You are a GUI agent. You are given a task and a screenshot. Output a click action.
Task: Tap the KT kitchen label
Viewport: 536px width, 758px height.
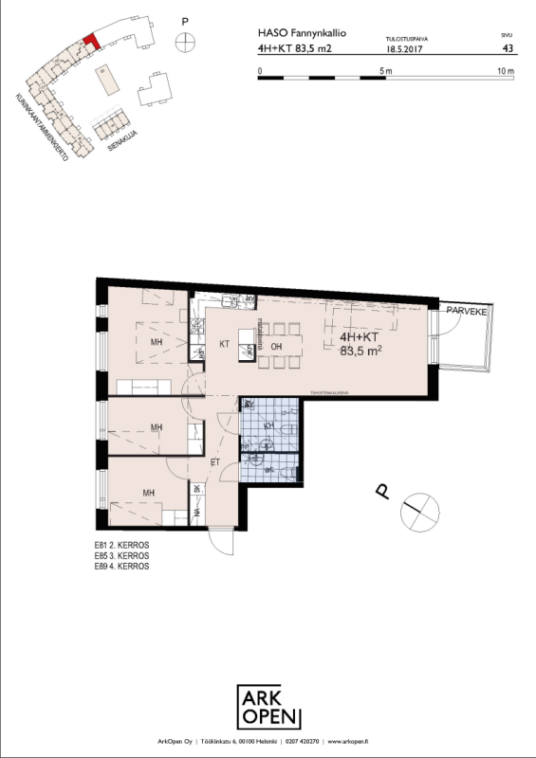(226, 344)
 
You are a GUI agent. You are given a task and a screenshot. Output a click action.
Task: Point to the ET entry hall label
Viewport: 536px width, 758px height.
(214, 461)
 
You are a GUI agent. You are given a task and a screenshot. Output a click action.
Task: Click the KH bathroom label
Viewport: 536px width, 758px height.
(268, 428)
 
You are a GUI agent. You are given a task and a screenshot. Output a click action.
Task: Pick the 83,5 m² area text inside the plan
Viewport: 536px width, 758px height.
(361, 350)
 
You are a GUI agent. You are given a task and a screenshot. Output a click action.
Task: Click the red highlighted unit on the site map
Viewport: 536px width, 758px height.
(90, 41)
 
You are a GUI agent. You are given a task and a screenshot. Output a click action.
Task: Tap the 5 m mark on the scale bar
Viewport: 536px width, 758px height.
(385, 71)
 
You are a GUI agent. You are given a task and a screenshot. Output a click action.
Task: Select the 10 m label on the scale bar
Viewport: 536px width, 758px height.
(505, 71)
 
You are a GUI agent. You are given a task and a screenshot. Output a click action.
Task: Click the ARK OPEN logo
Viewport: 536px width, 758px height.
(268, 707)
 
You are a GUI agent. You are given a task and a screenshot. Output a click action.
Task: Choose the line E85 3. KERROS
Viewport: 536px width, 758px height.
(122, 557)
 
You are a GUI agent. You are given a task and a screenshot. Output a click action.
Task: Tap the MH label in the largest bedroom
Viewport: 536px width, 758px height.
(155, 342)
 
